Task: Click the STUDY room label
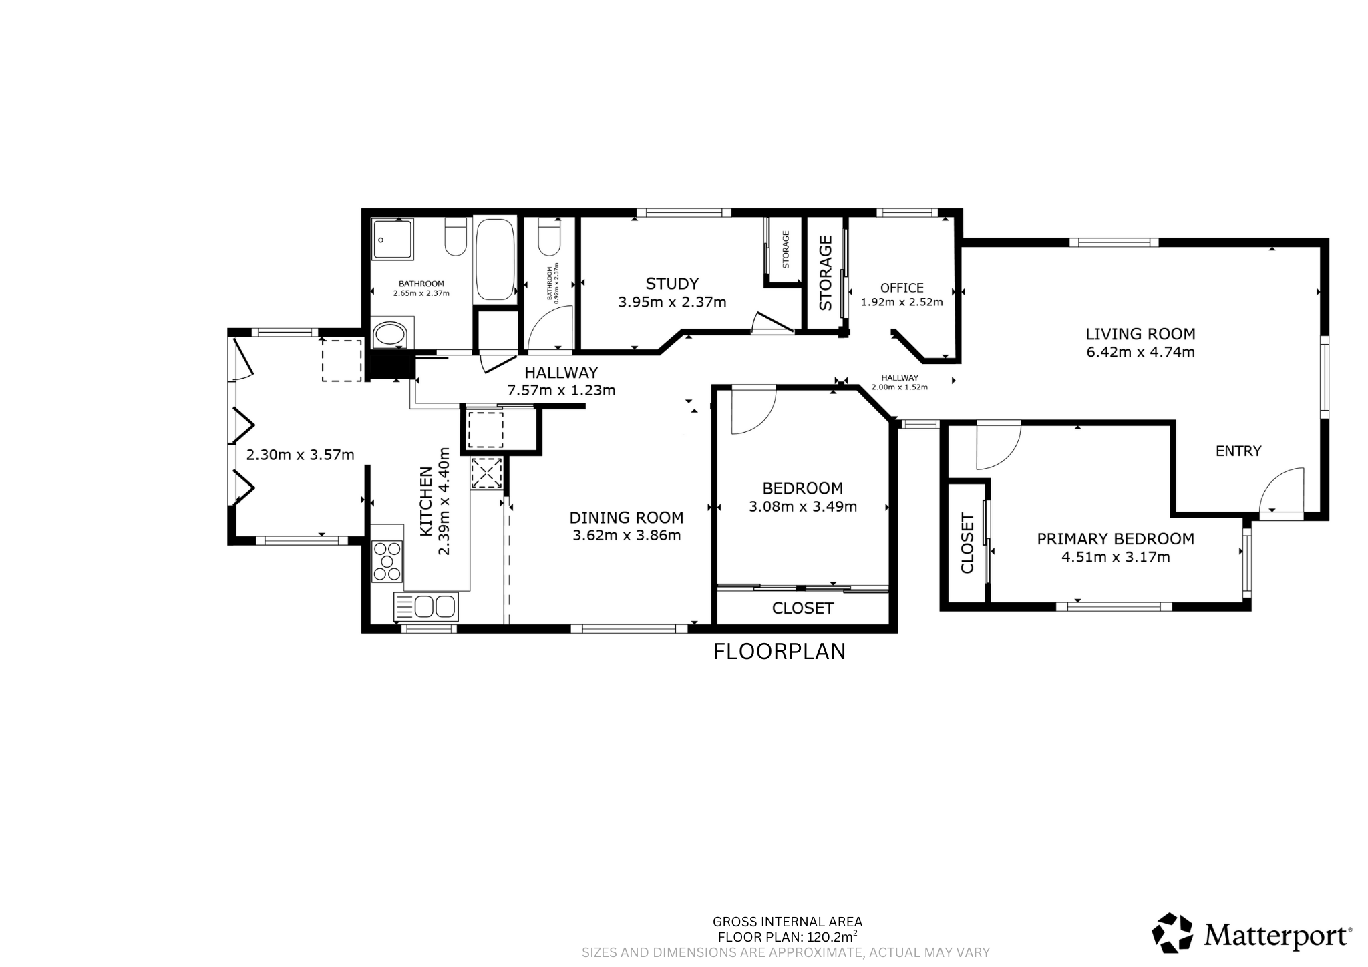point(672,284)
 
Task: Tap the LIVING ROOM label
point(1140,334)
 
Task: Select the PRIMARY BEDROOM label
point(1116,539)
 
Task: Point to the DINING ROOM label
point(627,518)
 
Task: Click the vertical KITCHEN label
point(425,502)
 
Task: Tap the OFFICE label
point(902,288)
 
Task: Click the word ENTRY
point(1238,451)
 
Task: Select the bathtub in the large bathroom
point(495,258)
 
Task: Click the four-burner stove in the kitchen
point(387,561)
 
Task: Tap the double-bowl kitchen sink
point(425,607)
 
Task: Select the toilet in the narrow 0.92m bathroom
point(548,237)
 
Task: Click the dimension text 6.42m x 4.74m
point(1141,353)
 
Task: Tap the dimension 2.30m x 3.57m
point(301,455)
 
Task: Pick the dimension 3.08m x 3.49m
point(803,507)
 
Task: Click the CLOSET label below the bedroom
point(803,608)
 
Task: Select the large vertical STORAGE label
point(826,272)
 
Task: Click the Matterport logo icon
point(1172,933)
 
